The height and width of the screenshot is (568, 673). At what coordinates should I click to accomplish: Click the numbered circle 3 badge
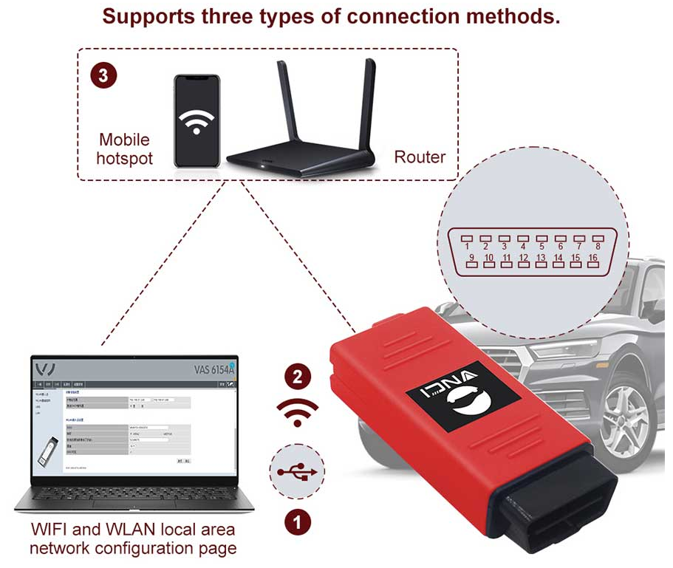coord(103,75)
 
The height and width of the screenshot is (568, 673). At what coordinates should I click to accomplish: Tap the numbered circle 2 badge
coord(297,377)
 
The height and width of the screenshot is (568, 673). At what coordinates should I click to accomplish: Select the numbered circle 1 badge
coord(298,523)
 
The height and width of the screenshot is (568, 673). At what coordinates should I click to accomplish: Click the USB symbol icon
coord(298,472)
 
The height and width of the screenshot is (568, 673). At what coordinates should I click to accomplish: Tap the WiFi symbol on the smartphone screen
coord(196,123)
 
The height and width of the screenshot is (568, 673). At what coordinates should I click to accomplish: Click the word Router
coord(420,157)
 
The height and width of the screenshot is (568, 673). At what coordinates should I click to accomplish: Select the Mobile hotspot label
coord(124,148)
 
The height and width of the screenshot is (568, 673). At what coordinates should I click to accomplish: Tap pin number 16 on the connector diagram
coord(592,259)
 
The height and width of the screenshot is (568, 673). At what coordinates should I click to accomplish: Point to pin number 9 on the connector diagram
coord(471,259)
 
